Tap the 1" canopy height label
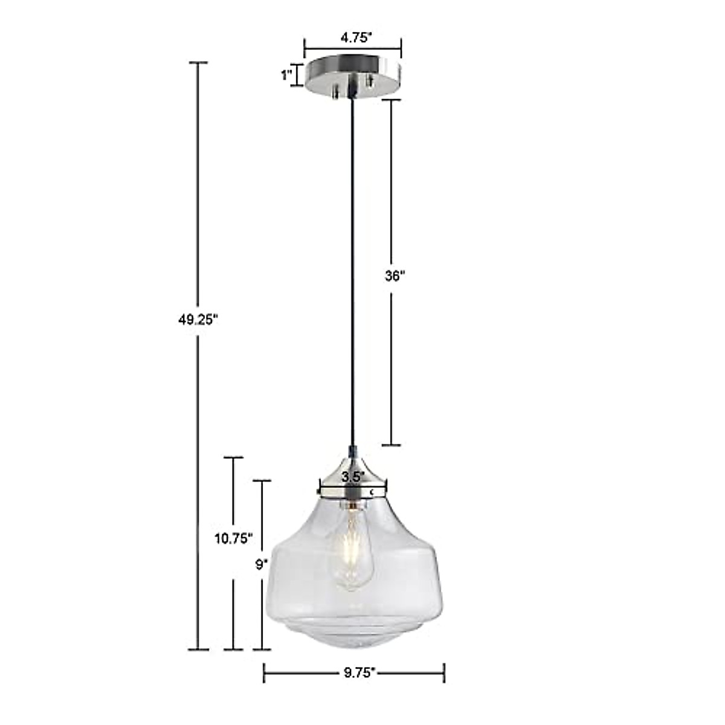tap(286, 75)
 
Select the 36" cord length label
tap(394, 276)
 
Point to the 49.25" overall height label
tap(197, 320)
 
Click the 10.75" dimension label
tap(233, 538)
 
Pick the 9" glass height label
tap(261, 564)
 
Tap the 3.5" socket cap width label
tap(353, 476)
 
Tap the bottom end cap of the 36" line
tap(391, 445)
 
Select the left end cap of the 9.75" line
tap(265, 672)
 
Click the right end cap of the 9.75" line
tap(444, 672)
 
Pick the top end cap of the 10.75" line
tap(233, 457)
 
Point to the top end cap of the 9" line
tap(262, 481)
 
